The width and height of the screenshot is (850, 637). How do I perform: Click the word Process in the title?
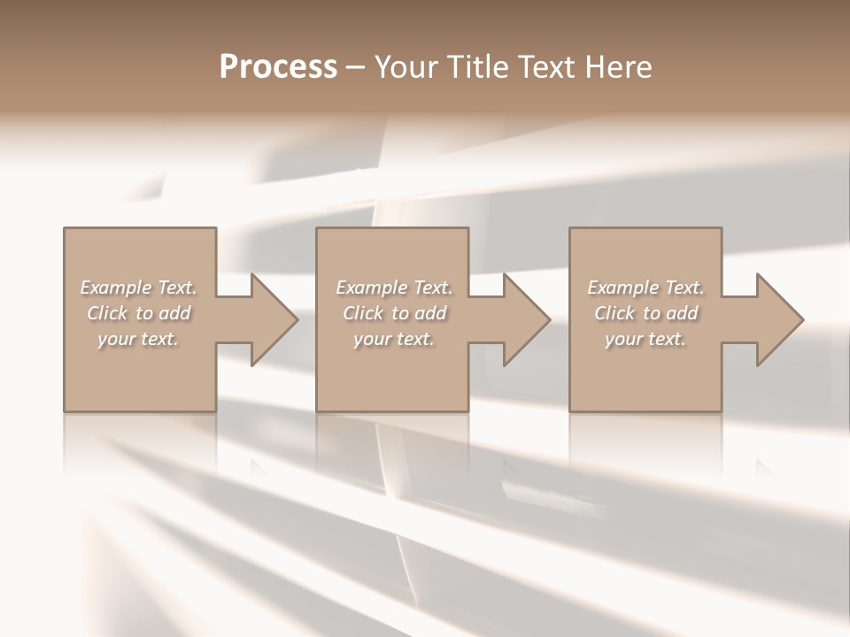[278, 67]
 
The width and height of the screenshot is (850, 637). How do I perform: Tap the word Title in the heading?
[478, 67]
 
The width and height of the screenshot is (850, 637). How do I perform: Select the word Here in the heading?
[619, 67]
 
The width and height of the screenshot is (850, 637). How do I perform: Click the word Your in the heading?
[408, 67]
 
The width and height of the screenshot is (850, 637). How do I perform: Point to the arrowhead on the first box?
[270, 319]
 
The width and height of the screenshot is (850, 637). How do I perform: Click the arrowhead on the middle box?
[523, 319]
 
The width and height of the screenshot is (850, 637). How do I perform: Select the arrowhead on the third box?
[776, 319]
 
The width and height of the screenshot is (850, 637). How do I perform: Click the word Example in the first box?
[114, 288]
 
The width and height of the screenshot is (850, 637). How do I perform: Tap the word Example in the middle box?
[370, 288]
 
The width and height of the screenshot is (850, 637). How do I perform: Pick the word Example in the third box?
[622, 288]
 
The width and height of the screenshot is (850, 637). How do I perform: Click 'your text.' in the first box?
[138, 339]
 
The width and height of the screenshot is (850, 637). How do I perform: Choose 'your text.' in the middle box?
[394, 339]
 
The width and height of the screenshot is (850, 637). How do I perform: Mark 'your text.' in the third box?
[645, 339]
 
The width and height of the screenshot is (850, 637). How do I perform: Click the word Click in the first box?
[107, 313]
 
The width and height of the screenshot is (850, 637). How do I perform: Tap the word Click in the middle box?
[363, 313]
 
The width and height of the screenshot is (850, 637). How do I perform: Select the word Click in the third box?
[614, 313]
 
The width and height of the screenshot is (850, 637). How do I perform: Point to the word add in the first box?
[175, 313]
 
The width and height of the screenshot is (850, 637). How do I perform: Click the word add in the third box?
[683, 313]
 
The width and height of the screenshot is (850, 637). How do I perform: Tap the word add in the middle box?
[431, 313]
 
